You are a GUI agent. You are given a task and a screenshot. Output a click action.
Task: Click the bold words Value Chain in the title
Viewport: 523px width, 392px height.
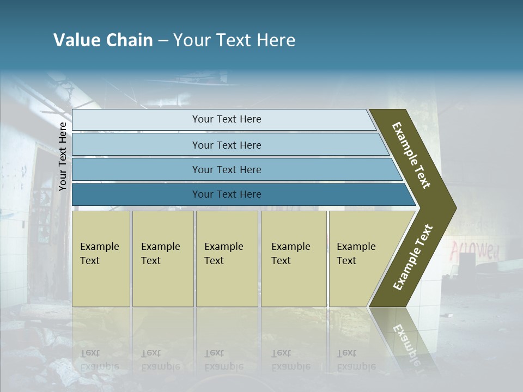point(103,40)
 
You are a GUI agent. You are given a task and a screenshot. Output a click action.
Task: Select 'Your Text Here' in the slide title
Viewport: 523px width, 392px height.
point(234,40)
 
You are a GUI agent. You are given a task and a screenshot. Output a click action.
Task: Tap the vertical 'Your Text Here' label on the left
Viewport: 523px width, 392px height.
point(63,156)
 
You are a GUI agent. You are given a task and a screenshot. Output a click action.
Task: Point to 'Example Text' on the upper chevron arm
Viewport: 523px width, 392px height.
point(412,155)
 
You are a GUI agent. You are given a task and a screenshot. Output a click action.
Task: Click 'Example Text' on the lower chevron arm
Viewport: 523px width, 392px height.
point(413,257)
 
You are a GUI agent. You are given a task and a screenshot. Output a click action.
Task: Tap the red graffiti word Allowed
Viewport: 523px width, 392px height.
point(474,250)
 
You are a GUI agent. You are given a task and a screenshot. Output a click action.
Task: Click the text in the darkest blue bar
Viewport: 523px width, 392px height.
point(227,194)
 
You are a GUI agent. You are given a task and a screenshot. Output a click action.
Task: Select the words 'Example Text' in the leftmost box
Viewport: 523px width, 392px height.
point(99,254)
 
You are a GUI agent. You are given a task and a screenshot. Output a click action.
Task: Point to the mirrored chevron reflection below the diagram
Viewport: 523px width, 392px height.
point(406,340)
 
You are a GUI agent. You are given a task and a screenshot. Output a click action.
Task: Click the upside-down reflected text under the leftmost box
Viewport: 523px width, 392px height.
point(99,360)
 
